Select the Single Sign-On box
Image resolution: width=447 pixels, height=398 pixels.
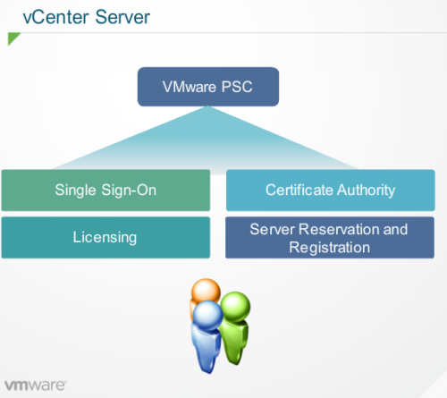(105, 190)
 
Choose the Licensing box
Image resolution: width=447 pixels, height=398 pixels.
(105, 237)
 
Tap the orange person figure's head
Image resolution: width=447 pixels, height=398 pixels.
(205, 292)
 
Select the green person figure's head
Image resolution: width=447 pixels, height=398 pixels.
(235, 306)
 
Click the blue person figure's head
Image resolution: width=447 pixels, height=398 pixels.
(208, 315)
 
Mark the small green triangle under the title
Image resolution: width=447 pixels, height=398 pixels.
(13, 39)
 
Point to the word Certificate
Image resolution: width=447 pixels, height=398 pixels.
(298, 190)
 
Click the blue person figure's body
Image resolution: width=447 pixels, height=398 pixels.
(207, 349)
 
